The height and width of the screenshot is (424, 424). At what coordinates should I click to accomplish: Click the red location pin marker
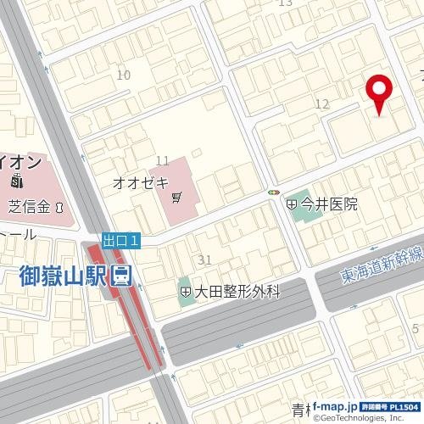(x=378, y=92)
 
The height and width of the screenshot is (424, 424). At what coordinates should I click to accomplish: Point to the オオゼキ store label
(x=142, y=182)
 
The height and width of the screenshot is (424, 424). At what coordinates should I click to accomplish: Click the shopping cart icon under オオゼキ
(x=176, y=198)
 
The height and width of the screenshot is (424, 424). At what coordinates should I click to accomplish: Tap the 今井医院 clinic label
(x=327, y=204)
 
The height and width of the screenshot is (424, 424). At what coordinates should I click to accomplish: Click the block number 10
(x=124, y=75)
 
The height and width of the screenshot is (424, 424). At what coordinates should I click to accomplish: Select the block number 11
(x=163, y=160)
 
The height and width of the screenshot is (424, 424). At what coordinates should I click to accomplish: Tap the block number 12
(x=321, y=103)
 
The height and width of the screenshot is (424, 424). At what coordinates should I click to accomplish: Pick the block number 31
(x=204, y=259)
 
